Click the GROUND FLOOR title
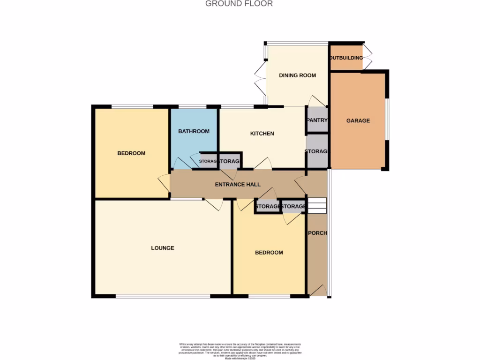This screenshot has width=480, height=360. click(x=239, y=4)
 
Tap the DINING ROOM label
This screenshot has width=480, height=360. click(x=297, y=75)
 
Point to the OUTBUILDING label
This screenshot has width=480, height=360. click(x=346, y=58)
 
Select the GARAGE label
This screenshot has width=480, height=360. click(x=358, y=120)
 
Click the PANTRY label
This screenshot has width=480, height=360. click(x=317, y=120)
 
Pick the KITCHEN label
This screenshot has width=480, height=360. click(x=262, y=134)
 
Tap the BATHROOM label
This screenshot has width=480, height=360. click(x=194, y=131)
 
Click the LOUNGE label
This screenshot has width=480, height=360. click(x=163, y=248)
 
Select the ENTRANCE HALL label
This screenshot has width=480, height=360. click(x=238, y=184)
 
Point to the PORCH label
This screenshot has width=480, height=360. click(x=317, y=233)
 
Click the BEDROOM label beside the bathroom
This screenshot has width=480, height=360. click(x=131, y=153)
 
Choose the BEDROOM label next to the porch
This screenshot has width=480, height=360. click(x=269, y=253)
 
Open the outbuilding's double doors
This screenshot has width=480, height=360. click(x=368, y=57)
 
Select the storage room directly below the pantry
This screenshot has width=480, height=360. click(x=317, y=151)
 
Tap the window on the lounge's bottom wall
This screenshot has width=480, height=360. click(x=163, y=296)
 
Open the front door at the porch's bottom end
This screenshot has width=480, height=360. click(x=318, y=291)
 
